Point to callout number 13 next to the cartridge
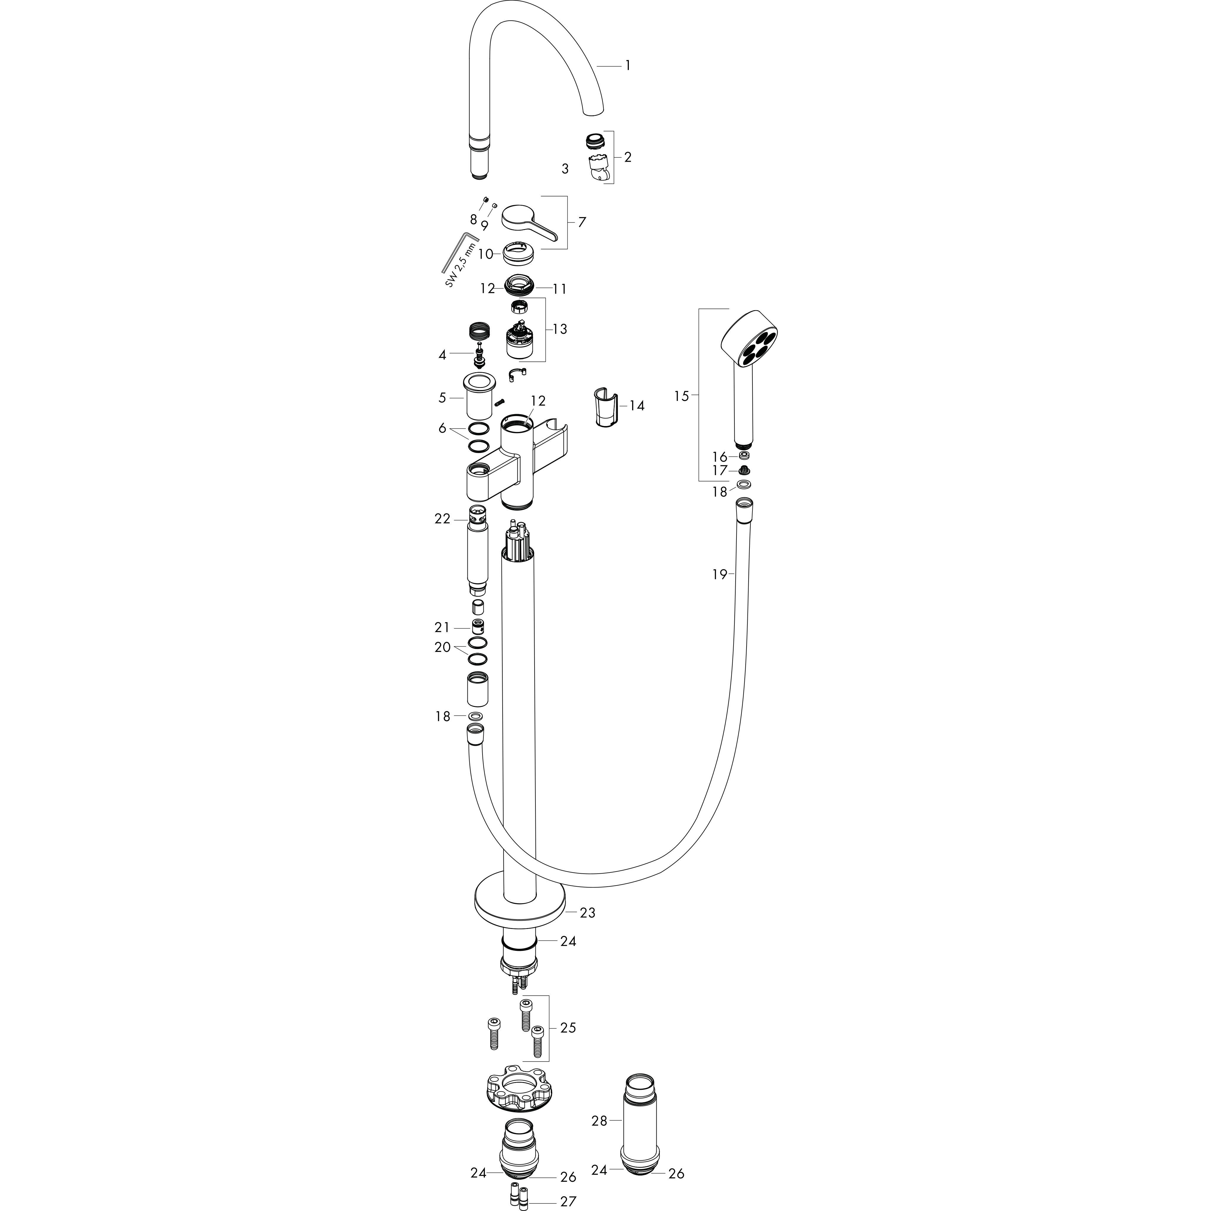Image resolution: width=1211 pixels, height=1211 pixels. pos(560,329)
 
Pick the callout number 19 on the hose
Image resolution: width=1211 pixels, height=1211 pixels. pos(719,574)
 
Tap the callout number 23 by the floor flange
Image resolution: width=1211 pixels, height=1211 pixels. pos(587,913)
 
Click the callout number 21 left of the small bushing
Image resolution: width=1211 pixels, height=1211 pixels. pos(443,627)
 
